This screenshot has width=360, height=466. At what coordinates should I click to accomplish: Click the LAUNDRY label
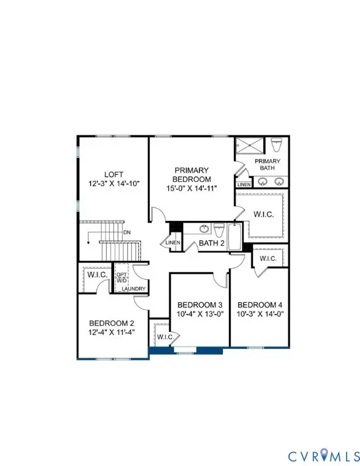point(133,289)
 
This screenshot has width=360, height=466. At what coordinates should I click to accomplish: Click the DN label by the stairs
point(126,232)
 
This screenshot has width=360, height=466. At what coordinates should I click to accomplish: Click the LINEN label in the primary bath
point(243,184)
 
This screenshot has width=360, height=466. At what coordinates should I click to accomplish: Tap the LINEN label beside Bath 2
point(172,243)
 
